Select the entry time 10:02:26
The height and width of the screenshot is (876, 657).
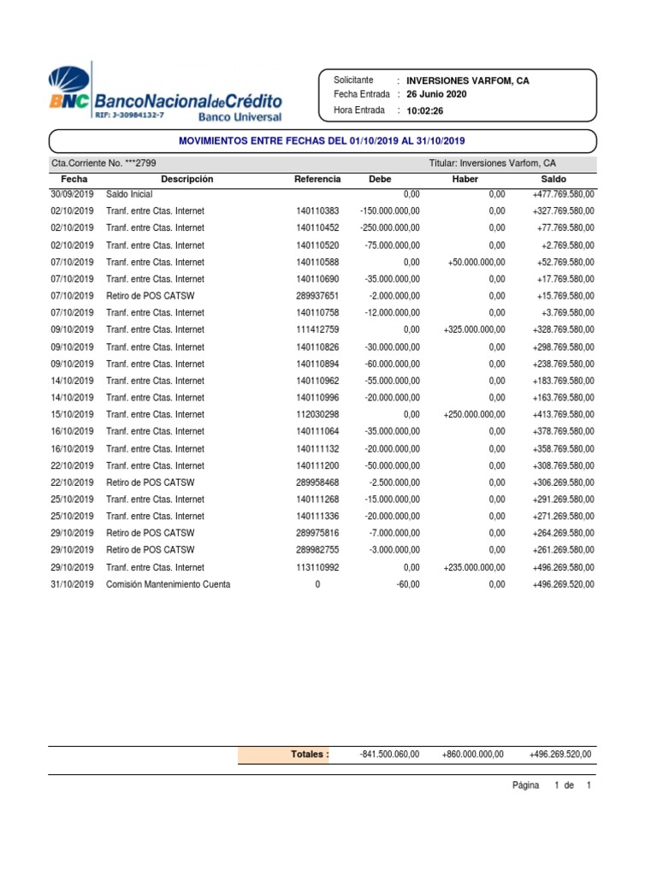pyautogui.click(x=425, y=110)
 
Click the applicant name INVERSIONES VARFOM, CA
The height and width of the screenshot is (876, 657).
pyautogui.click(x=467, y=80)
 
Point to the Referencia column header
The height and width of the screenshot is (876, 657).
pyautogui.click(x=317, y=179)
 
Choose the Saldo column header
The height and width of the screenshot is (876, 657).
pyautogui.click(x=553, y=179)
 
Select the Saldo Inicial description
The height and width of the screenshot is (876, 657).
pyautogui.click(x=129, y=195)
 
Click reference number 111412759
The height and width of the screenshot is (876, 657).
pyautogui.click(x=317, y=330)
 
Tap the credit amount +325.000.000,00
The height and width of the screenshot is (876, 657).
pyautogui.click(x=474, y=330)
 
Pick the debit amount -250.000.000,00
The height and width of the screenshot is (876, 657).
pyautogui.click(x=389, y=228)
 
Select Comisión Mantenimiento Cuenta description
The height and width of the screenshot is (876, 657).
pyautogui.click(x=168, y=584)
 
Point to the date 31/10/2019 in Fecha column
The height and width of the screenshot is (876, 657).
pyautogui.click(x=72, y=584)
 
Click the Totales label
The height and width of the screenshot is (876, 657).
pyautogui.click(x=309, y=755)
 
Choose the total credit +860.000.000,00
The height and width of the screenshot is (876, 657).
pyautogui.click(x=474, y=755)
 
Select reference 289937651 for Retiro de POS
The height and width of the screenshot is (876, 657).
pyautogui.click(x=317, y=296)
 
